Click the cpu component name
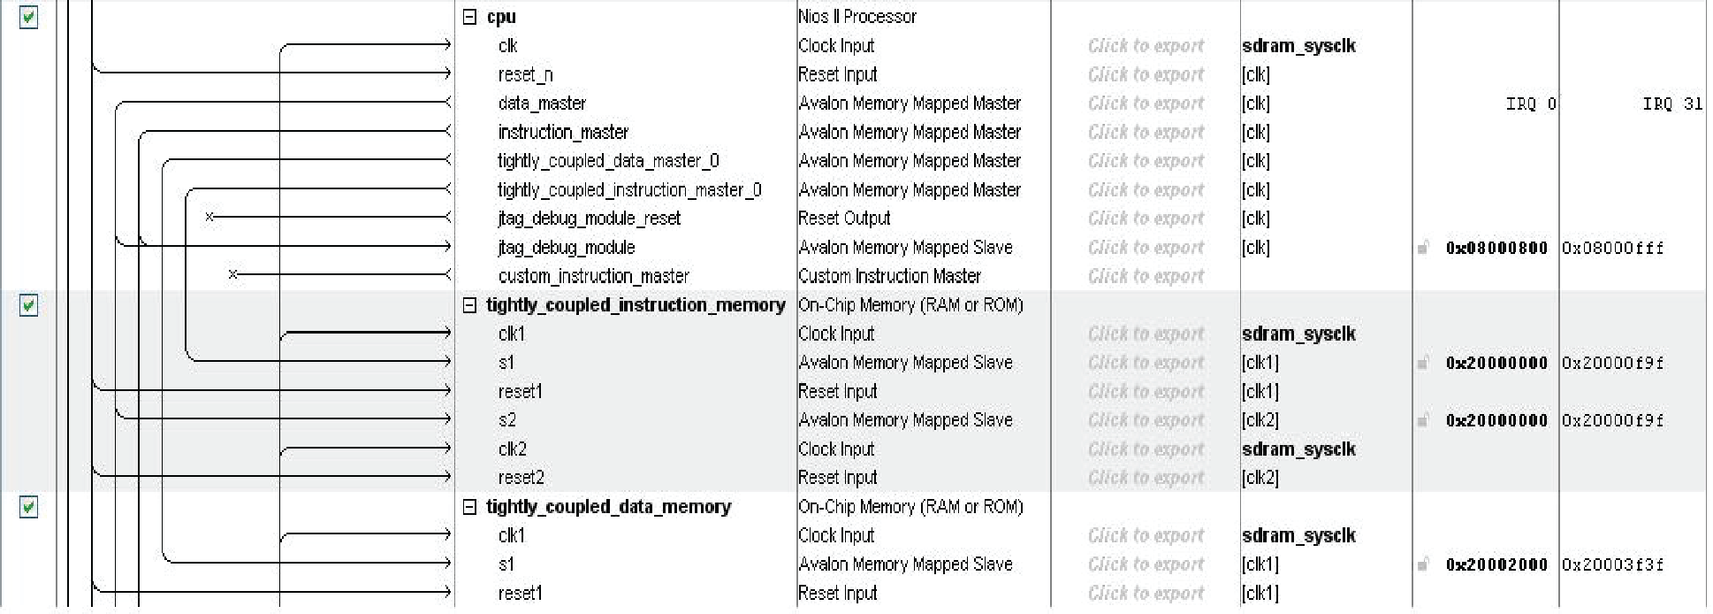pos(500,17)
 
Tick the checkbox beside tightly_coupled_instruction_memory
pos(28,306)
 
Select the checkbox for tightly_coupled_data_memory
pos(28,508)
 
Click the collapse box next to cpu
pos(470,17)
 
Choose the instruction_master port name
pos(562,133)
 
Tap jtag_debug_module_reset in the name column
pos(589,219)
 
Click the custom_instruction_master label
pos(593,276)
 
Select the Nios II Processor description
pos(856,17)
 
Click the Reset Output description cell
pos(843,219)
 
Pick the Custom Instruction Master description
pos(888,276)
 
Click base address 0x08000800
pos(1496,249)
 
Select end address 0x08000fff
pos(1612,249)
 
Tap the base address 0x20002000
pos(1496,565)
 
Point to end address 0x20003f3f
pos(1612,565)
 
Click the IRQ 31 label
pos(1671,104)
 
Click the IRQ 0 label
pos(1530,104)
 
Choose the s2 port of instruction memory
pos(506,420)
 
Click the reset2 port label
pos(521,478)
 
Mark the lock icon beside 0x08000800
pos(1423,248)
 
